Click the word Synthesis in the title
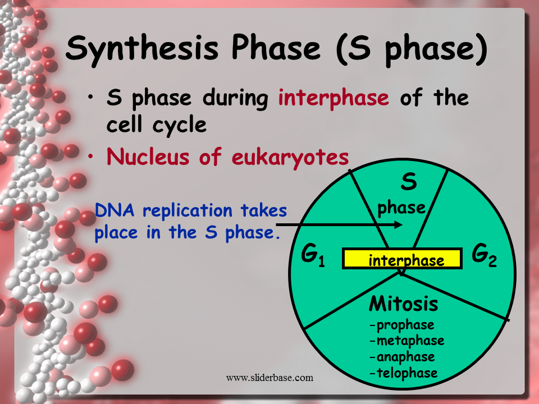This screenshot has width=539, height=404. tap(140, 48)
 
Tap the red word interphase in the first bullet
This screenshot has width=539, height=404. tap(334, 98)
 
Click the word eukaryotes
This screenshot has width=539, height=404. tap(290, 157)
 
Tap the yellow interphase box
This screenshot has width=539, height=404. tap(402, 259)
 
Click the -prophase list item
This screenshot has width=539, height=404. tap(401, 325)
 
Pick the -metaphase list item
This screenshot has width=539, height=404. tap(406, 341)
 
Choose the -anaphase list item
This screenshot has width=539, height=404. tap(402, 357)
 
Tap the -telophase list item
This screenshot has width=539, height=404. tap(403, 373)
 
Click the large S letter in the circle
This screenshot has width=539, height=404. tap(409, 182)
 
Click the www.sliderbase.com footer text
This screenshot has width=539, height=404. tap(269, 378)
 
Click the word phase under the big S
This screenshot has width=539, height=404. tap(401, 208)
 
